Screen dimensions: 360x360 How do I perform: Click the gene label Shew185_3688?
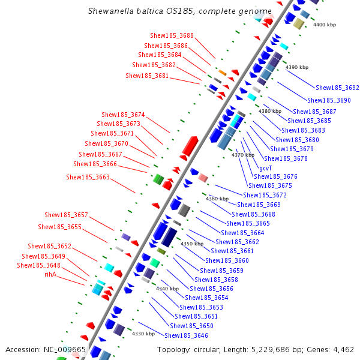(x=173, y=36)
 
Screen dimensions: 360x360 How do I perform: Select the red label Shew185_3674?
(x=123, y=115)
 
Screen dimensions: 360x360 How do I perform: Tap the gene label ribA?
(x=50, y=274)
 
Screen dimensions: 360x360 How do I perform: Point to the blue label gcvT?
(x=265, y=168)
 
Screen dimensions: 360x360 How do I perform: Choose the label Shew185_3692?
(x=337, y=88)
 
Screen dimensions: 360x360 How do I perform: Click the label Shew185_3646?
(x=186, y=335)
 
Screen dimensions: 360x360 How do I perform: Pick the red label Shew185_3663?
(x=88, y=177)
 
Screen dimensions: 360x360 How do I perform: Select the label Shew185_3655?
(x=59, y=227)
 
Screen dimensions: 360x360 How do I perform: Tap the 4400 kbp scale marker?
(x=325, y=25)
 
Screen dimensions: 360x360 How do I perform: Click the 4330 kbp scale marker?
(x=143, y=334)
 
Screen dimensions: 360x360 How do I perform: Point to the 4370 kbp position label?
(x=243, y=155)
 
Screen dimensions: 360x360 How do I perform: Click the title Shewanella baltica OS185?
(x=144, y=11)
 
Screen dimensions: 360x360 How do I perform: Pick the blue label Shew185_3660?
(x=227, y=260)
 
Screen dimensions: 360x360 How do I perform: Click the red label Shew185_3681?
(x=147, y=76)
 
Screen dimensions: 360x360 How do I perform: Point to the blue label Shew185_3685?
(x=310, y=121)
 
